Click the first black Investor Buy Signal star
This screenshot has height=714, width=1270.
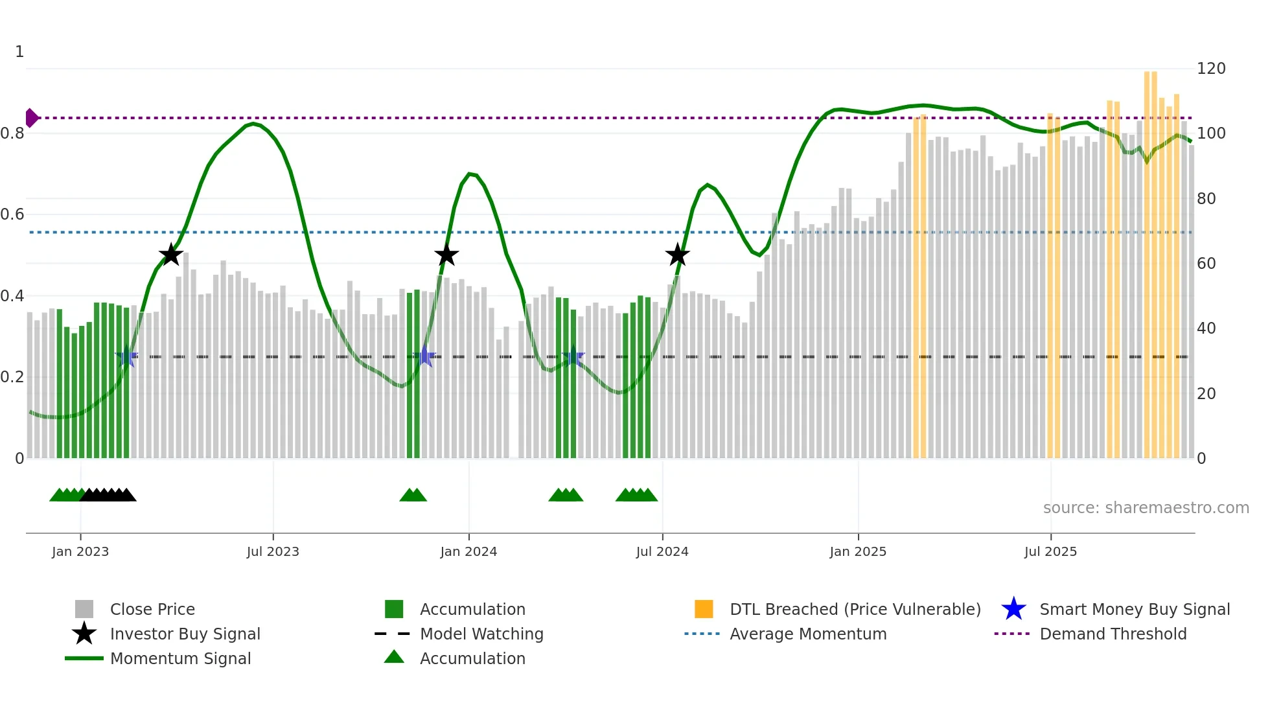click(x=171, y=255)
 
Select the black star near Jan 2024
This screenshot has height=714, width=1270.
click(x=446, y=255)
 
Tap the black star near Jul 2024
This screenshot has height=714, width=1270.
click(x=678, y=255)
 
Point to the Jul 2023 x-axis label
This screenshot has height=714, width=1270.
click(x=273, y=551)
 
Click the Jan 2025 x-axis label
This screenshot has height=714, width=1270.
click(x=858, y=551)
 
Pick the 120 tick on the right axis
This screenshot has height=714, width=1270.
click(x=1211, y=69)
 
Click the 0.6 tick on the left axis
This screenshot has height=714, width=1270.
click(x=13, y=214)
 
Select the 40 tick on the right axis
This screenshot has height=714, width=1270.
click(x=1206, y=328)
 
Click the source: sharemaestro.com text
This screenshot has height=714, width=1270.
click(x=1146, y=508)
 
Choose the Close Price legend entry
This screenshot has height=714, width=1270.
click(x=152, y=609)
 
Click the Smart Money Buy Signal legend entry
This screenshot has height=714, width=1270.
click(x=1134, y=609)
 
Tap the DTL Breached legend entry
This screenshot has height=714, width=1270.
click(x=855, y=609)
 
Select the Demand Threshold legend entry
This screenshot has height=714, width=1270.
click(x=1113, y=634)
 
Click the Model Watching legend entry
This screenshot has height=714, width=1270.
click(x=481, y=634)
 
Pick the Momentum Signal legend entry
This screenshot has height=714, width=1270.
click(x=179, y=658)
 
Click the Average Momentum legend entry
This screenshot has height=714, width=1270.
click(x=807, y=634)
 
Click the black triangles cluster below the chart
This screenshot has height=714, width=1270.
click(x=108, y=495)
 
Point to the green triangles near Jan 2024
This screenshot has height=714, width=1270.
click(x=413, y=495)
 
